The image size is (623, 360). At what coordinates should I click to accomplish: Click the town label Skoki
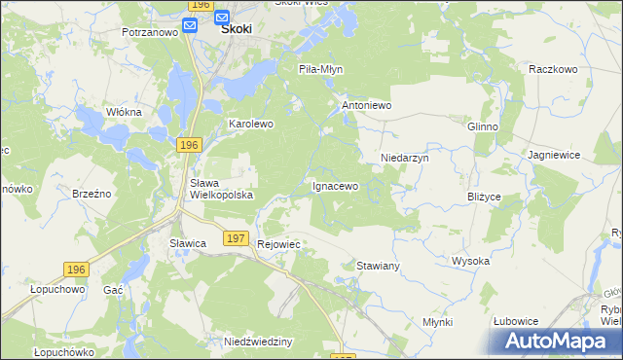tap(237, 29)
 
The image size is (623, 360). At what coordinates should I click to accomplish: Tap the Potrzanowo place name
tap(150, 32)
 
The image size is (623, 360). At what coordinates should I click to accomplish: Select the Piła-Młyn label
tap(320, 70)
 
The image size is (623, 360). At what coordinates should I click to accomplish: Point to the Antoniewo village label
tap(366, 104)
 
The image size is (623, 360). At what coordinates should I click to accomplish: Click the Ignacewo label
tap(335, 185)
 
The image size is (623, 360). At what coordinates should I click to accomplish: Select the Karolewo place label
tap(251, 125)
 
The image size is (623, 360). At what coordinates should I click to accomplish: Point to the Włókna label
tap(124, 112)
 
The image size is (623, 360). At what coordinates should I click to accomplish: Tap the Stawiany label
tap(379, 265)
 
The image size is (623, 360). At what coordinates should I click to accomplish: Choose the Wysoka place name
tap(470, 261)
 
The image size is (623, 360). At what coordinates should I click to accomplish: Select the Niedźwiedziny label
tap(258, 342)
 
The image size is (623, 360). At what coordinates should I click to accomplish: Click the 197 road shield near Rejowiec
tap(234, 237)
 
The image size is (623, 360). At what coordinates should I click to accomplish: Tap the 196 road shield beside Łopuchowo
tap(76, 269)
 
